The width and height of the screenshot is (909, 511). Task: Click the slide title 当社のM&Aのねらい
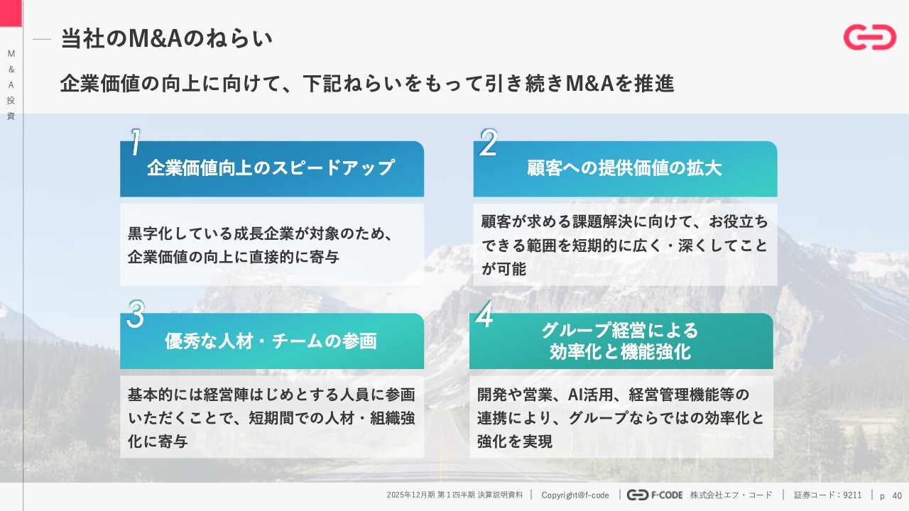point(166,39)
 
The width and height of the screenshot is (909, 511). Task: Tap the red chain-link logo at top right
point(870,38)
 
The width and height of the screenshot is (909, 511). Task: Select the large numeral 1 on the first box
point(136,142)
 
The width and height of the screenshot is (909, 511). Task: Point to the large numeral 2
point(488,143)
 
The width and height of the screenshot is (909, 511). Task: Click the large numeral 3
point(136,314)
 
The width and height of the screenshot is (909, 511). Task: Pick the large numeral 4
point(484,314)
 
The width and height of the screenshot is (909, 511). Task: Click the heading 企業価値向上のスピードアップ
point(271,167)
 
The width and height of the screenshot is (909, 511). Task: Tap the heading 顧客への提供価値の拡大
point(624,168)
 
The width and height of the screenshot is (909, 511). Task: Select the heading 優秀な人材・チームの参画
point(271,341)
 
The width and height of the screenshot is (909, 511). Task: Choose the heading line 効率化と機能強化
point(620,351)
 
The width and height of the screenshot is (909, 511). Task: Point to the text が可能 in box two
point(504,269)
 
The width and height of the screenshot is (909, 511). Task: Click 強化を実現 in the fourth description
point(515,441)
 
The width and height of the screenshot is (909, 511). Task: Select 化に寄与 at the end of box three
point(158,441)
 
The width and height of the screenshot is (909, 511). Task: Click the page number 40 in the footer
point(897,495)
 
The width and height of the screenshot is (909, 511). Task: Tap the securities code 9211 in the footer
point(852,495)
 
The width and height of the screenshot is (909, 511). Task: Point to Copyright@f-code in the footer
point(575,495)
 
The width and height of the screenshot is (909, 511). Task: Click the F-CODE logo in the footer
point(655,495)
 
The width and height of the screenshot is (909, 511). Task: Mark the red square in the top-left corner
point(11,13)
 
